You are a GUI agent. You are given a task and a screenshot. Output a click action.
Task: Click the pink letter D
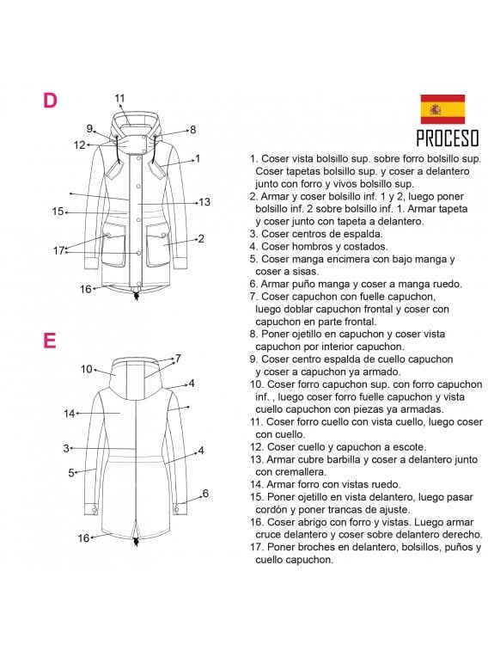point(50,101)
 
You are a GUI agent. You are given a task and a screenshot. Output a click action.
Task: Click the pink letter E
point(50,341)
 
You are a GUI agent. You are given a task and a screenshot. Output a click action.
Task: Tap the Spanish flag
point(442,109)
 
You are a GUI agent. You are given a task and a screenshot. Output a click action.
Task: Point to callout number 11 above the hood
point(119,97)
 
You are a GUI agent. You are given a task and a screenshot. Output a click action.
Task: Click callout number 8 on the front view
point(192,130)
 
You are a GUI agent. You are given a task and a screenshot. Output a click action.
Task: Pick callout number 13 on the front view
point(204,202)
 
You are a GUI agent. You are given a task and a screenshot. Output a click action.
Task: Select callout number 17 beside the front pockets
point(59,250)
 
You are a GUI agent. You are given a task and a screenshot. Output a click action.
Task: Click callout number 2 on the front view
point(200,238)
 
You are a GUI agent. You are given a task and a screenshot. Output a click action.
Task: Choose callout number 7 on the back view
point(178,359)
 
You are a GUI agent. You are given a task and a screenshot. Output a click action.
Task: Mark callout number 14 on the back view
point(70,414)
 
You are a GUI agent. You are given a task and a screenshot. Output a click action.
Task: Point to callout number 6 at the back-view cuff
point(205,494)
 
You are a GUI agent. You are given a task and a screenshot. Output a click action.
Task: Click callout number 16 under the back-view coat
point(83,537)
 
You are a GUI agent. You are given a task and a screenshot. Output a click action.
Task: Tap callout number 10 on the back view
point(87,369)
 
